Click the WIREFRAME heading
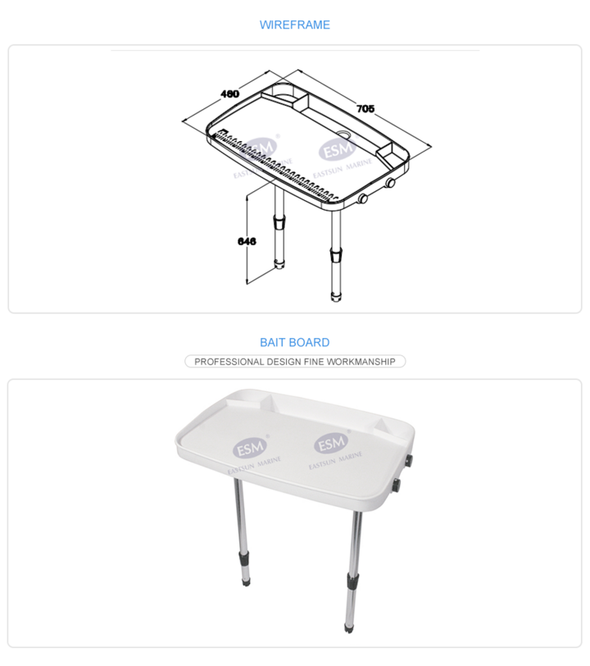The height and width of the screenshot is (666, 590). coord(294,25)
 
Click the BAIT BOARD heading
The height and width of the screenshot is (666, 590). coord(294,342)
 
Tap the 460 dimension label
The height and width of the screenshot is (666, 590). coord(229,94)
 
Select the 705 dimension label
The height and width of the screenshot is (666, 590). coord(365,109)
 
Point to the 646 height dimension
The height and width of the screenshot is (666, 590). coord(247,241)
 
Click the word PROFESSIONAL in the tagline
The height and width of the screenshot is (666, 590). coord(229,362)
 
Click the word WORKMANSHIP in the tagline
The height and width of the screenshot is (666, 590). coord(361,362)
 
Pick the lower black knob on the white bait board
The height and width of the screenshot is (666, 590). coord(397,485)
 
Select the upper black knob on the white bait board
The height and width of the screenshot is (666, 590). coord(410,460)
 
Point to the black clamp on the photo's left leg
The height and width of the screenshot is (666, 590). coord(244,556)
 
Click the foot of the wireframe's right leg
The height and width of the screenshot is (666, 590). coord(336,297)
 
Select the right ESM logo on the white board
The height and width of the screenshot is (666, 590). coord(332,444)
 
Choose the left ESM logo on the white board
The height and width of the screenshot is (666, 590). coord(250,448)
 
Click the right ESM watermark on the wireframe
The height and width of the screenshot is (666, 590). coord(338,149)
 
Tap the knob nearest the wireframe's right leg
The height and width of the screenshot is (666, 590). coord(363,198)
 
